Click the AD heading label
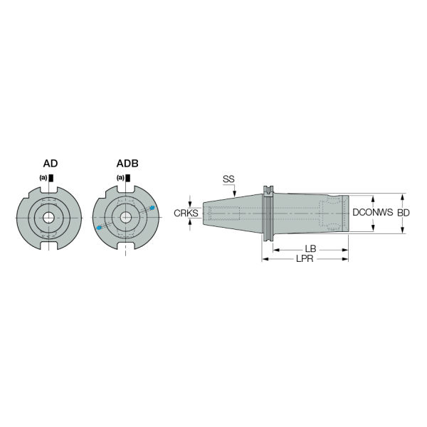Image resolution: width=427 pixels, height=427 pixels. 51,164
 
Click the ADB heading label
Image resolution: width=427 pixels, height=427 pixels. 127,164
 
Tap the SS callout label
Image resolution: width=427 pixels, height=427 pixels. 228,179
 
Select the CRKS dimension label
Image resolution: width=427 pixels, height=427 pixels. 186,213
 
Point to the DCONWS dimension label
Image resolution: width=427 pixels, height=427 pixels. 372,212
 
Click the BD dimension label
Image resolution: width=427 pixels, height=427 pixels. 404,213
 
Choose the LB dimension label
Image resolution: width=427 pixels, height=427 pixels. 310,248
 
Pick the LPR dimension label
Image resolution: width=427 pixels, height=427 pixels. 305,258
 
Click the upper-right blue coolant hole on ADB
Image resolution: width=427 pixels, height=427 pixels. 152,208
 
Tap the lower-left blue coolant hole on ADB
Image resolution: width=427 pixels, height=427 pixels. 99,228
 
